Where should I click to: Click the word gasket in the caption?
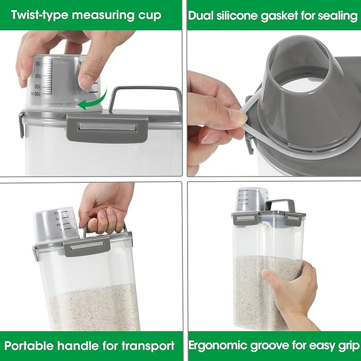[283, 15]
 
